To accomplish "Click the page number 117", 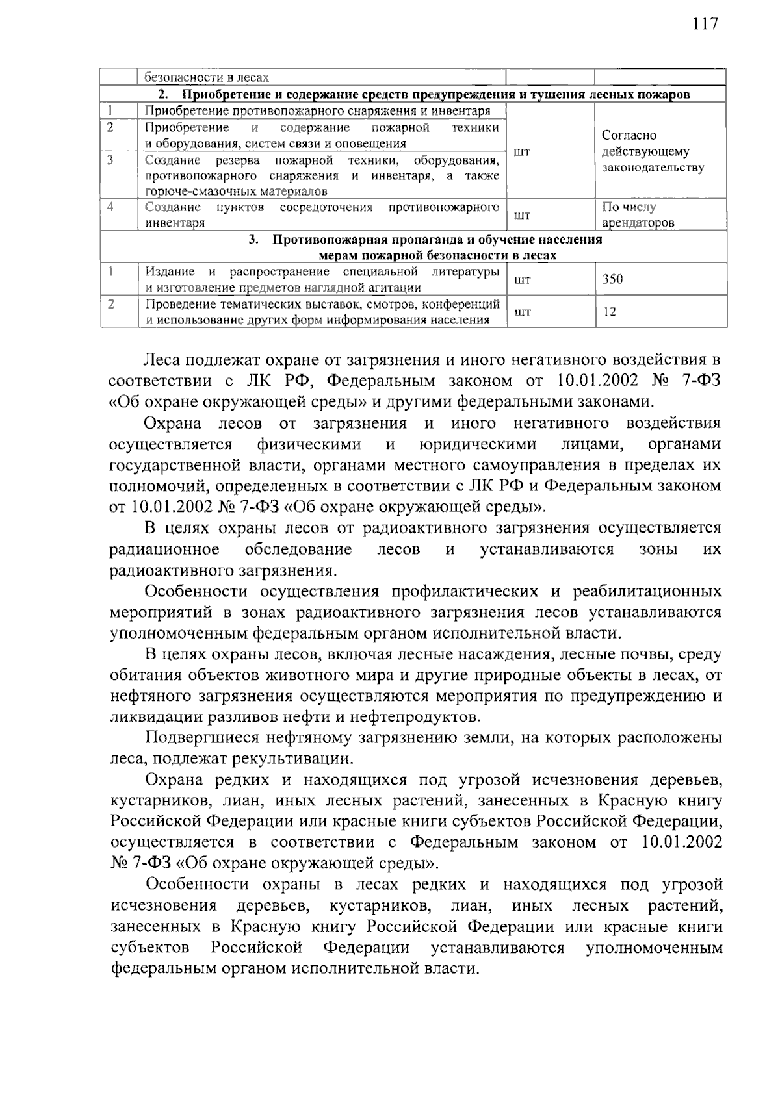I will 705,24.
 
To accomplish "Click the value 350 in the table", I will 612,279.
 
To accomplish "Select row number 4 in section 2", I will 111,207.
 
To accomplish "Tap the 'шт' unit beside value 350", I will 522,280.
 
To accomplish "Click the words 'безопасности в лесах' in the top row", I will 206,77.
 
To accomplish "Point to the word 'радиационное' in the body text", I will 164,550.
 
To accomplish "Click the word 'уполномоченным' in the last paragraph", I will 654,948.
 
